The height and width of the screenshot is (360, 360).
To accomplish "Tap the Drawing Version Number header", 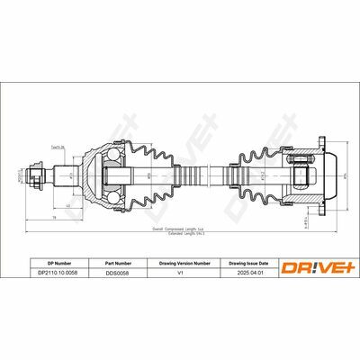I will pos(185,263).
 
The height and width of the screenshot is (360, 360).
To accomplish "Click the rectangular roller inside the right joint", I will pos(302,174).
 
